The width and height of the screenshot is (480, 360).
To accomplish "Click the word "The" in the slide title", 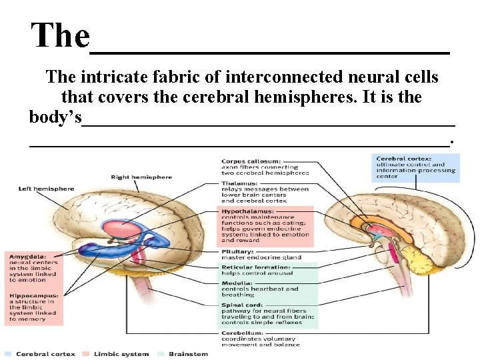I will point(60,35).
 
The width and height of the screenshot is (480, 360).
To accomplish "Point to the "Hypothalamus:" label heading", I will point(247,211).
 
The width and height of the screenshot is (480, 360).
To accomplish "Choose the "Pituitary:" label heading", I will point(237,251).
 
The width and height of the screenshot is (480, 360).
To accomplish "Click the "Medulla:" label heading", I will point(237,283).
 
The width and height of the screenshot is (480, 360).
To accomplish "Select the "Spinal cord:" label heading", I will point(241,305).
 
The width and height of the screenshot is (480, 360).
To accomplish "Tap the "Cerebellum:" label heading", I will point(242,332).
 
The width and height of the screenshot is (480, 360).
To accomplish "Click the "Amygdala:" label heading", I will point(27,256).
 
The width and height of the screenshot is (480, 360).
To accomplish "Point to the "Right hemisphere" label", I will point(141,177).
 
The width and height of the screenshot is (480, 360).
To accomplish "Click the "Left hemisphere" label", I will point(46,189).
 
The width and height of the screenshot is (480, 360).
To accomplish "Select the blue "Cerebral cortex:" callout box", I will point(415,167).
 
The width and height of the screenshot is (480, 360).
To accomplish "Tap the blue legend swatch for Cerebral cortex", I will point(8,353).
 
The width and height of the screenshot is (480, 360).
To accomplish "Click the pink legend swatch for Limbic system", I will point(87,353).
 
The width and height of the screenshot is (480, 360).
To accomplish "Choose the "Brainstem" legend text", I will point(187,353).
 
